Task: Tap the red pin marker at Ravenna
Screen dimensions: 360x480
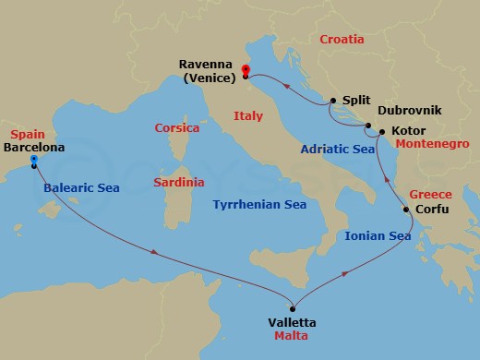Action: (246, 70)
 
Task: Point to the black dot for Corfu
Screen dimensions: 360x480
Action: (407, 210)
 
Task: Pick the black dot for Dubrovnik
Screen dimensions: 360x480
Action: (367, 126)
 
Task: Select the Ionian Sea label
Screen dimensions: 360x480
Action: (378, 236)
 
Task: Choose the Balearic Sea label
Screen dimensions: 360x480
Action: (83, 188)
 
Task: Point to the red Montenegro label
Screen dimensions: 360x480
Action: (433, 145)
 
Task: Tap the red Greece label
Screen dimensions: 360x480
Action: (430, 195)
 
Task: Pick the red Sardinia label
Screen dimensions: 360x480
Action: (178, 183)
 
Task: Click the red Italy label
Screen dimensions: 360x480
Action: (249, 116)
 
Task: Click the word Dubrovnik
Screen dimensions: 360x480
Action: (410, 110)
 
